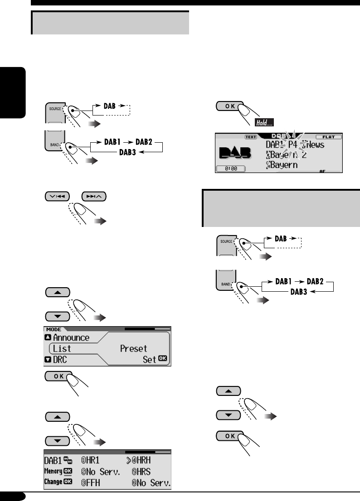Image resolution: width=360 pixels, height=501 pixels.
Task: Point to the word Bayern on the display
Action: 282,165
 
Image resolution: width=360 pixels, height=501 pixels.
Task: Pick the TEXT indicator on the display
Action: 250,136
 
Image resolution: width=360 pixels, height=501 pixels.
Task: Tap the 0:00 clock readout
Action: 230,168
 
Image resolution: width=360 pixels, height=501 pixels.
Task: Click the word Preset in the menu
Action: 134,349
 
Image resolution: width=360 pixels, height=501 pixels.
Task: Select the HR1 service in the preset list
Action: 100,461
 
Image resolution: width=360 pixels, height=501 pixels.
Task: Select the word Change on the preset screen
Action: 54,482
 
